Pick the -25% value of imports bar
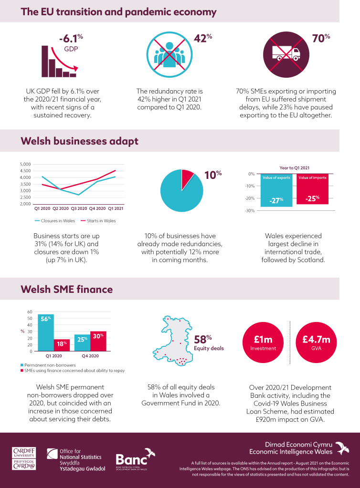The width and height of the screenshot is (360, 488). coord(312,189)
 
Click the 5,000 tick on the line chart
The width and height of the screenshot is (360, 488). coord(25,164)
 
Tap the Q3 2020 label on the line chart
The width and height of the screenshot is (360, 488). coord(79,208)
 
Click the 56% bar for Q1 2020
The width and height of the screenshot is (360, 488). coord(46,333)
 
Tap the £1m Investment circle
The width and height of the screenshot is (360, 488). coord(263,343)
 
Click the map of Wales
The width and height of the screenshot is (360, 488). coord(172,341)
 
